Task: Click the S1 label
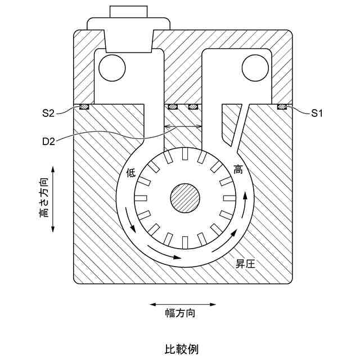click(317, 113)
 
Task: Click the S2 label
click(48, 113)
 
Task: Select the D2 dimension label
click(48, 139)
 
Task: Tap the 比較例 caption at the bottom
click(181, 349)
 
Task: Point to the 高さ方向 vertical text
click(44, 198)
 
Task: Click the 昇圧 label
click(246, 263)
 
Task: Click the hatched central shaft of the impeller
click(185, 199)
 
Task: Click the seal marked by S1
click(282, 106)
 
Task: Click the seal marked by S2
click(84, 106)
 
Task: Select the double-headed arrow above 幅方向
click(182, 304)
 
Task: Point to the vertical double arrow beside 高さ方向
click(53, 198)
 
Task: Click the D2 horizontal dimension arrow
click(182, 127)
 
